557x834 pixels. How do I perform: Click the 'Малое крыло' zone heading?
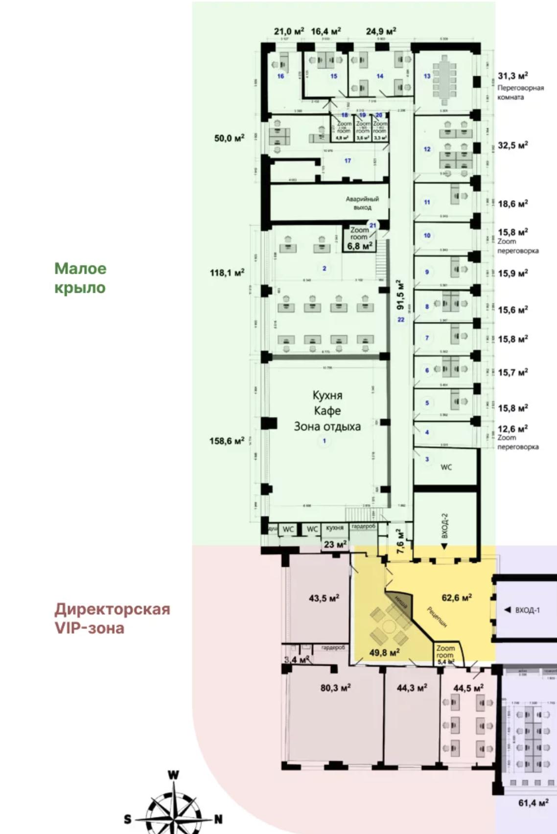click(80, 278)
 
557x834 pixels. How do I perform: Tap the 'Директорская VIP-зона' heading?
click(112, 618)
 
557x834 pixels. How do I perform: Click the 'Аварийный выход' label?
click(362, 203)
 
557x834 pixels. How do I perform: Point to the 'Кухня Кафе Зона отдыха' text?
click(327, 411)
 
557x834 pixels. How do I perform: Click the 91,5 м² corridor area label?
click(400, 295)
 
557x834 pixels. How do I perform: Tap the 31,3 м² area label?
click(512, 76)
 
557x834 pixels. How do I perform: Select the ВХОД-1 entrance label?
click(527, 610)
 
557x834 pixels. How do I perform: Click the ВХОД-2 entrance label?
click(444, 526)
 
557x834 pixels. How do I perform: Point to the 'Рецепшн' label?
click(437, 617)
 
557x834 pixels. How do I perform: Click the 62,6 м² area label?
click(456, 598)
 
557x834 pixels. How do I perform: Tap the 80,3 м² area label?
click(335, 688)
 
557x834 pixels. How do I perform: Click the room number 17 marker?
click(348, 161)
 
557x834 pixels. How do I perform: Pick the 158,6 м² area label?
click(227, 441)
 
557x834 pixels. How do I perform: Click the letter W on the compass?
click(173, 775)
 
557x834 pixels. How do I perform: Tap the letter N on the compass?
click(218, 819)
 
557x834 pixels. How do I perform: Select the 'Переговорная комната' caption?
click(520, 93)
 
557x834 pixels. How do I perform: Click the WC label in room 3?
click(446, 467)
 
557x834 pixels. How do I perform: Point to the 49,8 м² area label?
click(384, 652)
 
